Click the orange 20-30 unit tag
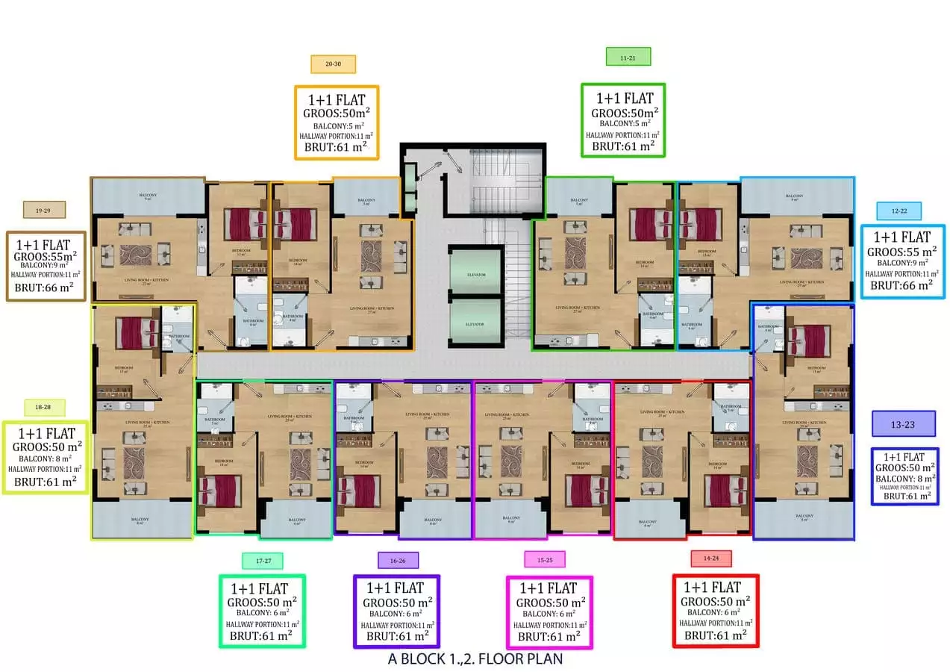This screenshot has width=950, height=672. (x=333, y=64)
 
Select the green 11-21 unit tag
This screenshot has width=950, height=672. (x=628, y=57)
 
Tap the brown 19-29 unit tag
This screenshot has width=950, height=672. (x=45, y=211)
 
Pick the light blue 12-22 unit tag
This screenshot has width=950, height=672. (x=899, y=211)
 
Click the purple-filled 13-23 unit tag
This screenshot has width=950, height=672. (x=903, y=423)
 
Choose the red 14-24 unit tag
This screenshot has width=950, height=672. (x=710, y=559)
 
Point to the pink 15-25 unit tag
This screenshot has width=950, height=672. (x=545, y=559)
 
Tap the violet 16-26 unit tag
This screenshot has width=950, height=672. (x=397, y=560)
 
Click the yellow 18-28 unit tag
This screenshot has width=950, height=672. (x=45, y=408)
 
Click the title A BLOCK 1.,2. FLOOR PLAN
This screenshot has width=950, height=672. (x=475, y=659)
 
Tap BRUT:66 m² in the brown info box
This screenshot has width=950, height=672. (x=45, y=286)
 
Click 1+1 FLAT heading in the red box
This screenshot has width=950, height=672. (x=714, y=588)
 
